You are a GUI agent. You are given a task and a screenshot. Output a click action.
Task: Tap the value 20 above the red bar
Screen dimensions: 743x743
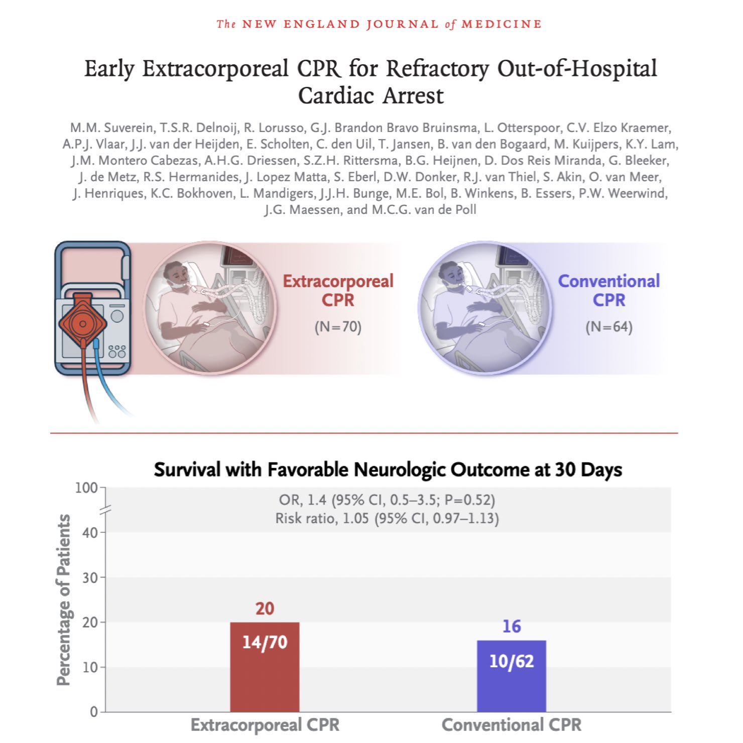coord(265,608)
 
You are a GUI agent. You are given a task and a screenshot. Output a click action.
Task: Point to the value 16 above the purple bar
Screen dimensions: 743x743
coord(511,627)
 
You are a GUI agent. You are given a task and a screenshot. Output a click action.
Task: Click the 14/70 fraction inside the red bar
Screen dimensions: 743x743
coord(265,642)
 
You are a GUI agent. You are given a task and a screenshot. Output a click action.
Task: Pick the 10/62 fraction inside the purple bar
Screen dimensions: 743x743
coord(511,661)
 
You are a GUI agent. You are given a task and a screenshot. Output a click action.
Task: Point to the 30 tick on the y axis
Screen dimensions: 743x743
coord(90,578)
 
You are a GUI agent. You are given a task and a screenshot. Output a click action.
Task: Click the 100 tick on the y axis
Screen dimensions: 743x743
coord(86,488)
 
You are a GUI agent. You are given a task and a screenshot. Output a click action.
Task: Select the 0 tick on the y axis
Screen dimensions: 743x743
coord(94,712)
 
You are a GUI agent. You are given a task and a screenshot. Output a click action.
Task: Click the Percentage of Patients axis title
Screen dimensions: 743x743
coord(64,599)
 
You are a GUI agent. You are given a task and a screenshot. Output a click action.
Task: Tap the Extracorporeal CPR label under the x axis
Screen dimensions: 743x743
coord(265,725)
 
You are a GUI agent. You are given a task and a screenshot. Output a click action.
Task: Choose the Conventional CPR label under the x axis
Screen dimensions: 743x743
coord(511,725)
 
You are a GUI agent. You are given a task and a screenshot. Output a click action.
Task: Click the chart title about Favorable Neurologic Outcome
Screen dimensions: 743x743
coord(388,470)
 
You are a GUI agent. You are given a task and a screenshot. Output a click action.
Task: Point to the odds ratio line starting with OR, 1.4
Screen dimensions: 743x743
coord(387,500)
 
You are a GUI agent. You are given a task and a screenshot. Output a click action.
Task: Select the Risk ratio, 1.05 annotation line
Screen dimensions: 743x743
coord(387,518)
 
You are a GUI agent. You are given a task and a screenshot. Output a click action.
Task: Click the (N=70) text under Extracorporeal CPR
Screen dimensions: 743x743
coord(338,327)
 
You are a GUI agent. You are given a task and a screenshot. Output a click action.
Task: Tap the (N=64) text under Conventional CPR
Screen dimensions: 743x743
coord(608,327)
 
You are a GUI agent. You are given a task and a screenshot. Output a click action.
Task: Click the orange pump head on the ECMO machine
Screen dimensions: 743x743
coord(83,323)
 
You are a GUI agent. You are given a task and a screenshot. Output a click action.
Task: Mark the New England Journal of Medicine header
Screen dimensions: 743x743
coord(379,24)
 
